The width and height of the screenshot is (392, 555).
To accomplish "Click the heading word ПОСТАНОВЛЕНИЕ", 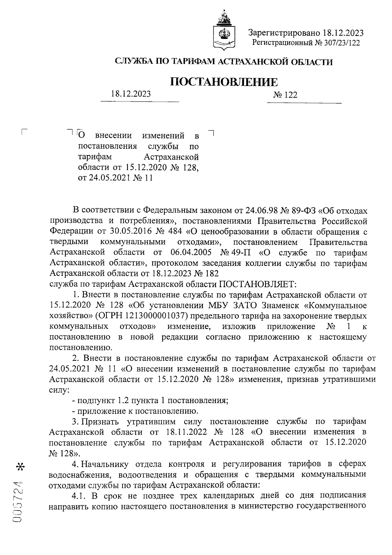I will (224, 82).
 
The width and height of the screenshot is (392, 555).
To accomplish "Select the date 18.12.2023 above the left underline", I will (131, 94).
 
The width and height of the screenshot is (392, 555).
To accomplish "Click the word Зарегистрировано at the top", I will (283, 33).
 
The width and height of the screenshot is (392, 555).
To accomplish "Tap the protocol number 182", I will (212, 273).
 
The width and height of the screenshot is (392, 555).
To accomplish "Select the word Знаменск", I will (283, 305).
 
